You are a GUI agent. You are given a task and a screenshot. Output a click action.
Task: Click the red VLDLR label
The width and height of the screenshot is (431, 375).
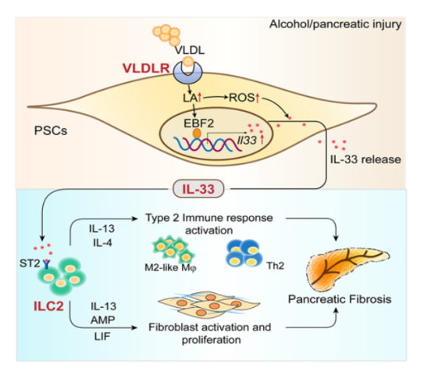coord(146,68)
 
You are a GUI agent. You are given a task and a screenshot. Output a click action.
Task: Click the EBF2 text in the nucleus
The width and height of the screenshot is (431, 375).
coord(199,123)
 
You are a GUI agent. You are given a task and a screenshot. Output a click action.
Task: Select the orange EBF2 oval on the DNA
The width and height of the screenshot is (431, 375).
coord(197,134)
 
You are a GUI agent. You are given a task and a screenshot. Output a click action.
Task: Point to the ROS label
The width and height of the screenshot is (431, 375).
coord(242,98)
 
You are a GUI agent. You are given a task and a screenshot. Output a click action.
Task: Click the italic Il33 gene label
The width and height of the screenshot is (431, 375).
coord(247,140)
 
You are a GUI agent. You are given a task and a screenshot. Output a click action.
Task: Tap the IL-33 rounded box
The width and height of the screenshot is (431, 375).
coord(198,189)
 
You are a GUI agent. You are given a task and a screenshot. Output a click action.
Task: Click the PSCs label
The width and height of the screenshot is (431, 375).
coord(51,130)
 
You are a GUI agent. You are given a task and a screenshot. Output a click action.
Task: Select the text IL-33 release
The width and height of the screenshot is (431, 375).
coord(365,159)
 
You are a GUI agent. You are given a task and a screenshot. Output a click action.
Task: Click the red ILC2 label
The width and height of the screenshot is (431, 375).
coord(48,306)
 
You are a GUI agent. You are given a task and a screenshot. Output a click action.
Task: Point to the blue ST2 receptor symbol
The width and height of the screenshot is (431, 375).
coord(46,263)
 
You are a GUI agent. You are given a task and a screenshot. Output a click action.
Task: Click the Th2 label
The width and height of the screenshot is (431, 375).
coord(276,266)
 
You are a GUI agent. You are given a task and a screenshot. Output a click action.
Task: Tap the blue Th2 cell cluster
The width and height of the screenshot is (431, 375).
coord(244,253)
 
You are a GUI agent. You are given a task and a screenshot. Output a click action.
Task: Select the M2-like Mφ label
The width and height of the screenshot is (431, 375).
coord(171,268)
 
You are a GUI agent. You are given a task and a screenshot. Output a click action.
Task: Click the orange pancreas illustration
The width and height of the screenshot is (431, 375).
coord(347,268)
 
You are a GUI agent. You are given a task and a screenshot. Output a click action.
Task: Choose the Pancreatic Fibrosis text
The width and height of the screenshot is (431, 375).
coord(340,299)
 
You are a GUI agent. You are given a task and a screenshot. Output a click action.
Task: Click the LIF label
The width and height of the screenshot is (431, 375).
coord(102,336)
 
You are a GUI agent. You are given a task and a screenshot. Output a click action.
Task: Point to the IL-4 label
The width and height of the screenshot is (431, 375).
coord(102,243)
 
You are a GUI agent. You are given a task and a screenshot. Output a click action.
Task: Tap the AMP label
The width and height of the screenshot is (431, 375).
coord(103,320)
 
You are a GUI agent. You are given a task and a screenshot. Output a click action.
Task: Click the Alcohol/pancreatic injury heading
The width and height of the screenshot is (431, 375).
coord(335,24)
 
